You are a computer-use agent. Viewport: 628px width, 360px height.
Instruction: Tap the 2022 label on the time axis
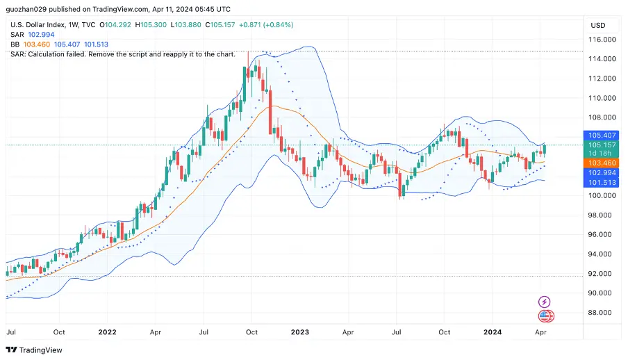coord(107,332)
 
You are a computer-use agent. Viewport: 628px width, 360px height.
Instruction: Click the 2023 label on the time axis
coord(299,332)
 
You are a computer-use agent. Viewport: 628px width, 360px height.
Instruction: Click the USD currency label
coord(597,25)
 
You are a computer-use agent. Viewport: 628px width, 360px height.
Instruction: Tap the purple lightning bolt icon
coord(545,302)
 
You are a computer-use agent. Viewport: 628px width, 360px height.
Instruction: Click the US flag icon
coord(545,317)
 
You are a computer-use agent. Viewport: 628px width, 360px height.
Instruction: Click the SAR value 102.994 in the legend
coord(41,35)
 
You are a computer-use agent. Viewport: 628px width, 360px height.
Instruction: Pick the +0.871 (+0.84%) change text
coord(266,25)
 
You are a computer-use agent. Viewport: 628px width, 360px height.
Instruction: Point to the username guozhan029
coord(28,10)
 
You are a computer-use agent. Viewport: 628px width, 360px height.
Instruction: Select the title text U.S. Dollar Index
coord(38,25)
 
